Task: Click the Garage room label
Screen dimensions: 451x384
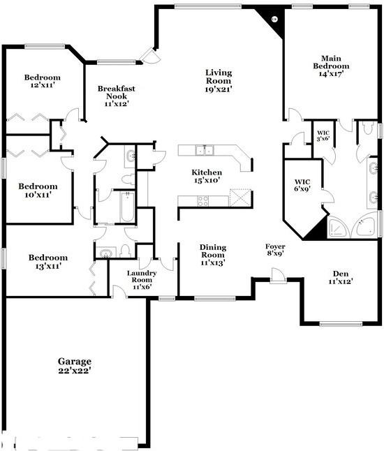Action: point(75,366)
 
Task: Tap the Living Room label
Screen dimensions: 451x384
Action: point(219,80)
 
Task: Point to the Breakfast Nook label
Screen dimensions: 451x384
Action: point(116,96)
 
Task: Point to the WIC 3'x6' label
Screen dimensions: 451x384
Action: point(323,136)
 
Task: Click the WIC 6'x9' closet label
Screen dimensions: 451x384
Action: point(302,186)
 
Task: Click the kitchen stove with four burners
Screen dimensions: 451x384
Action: point(202,200)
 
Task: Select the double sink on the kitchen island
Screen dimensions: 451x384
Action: point(205,149)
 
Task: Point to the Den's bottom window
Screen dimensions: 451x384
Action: point(340,323)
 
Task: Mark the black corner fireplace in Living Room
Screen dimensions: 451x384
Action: point(271,17)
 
